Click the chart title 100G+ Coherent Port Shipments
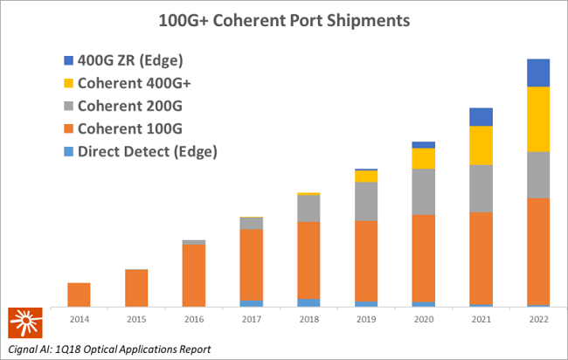283,18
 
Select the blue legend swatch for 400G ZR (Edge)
70,60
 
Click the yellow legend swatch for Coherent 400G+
70,83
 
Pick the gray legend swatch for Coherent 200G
70,106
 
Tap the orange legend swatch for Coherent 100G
70,128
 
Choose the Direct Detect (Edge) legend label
147,151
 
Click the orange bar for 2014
79,294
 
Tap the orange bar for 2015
136,287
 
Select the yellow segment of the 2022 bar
538,119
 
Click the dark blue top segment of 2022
538,73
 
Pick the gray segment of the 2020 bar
423,191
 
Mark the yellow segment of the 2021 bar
481,145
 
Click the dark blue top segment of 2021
481,117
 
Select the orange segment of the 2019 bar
366,260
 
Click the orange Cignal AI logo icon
23,323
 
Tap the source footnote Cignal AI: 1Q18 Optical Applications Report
109,350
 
